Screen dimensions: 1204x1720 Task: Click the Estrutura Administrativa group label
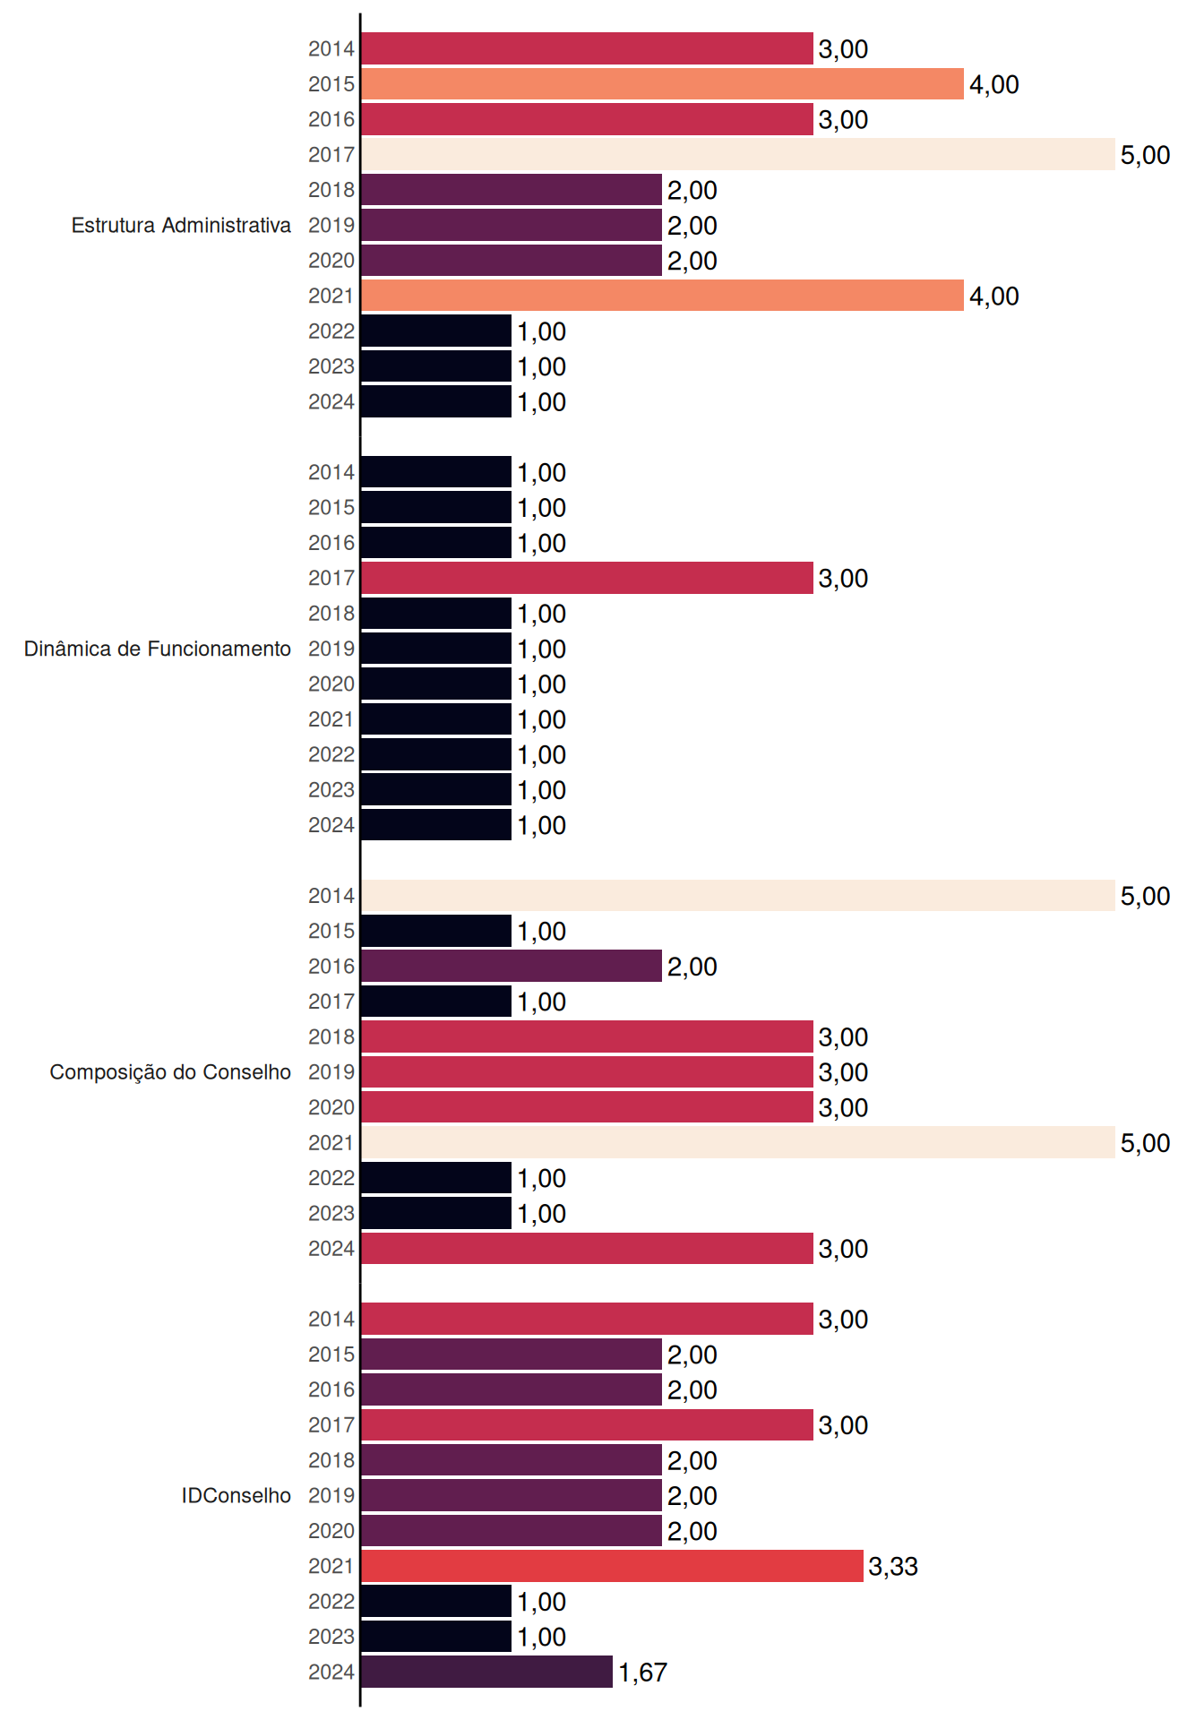(181, 225)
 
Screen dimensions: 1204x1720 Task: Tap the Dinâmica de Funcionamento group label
(158, 649)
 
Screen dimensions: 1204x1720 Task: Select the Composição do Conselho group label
(170, 1072)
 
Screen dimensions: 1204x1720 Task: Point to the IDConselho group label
(236, 1495)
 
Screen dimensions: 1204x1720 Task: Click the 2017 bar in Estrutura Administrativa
(738, 154)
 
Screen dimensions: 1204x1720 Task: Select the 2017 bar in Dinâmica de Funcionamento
(588, 578)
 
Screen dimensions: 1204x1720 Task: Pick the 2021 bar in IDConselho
(613, 1566)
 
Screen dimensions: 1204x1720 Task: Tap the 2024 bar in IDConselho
(487, 1672)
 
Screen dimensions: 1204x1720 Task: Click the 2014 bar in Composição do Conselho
(738, 895)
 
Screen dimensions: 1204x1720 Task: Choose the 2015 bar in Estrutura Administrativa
(663, 83)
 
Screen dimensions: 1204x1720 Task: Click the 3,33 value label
(893, 1566)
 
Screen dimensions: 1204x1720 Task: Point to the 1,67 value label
(642, 1672)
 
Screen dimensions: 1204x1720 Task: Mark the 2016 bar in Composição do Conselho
(512, 966)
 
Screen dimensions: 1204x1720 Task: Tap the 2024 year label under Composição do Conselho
(331, 1248)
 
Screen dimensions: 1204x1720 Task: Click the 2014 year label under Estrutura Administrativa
(331, 48)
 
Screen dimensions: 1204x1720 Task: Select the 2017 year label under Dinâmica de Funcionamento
(331, 578)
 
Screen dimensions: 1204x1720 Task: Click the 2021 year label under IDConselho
(331, 1566)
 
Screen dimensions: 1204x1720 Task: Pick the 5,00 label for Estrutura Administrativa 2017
(1145, 154)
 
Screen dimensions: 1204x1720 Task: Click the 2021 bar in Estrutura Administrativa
(663, 296)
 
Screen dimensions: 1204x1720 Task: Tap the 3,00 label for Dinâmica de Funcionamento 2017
(843, 578)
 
